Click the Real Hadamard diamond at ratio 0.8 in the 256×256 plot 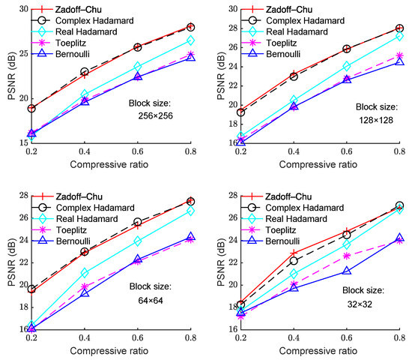pos(190,40)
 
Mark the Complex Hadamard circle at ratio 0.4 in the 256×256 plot pos(84,72)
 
